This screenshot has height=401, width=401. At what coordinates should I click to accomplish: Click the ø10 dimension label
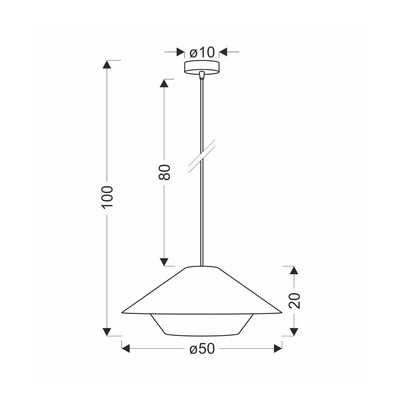[x=202, y=53]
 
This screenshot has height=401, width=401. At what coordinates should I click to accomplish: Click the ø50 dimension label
[x=202, y=348]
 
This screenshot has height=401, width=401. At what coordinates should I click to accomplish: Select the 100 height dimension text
[x=107, y=198]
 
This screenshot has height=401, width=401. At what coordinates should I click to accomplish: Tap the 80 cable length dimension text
[x=164, y=172]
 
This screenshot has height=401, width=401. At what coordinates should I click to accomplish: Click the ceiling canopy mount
[x=202, y=67]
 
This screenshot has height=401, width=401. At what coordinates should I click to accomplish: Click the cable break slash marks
[x=202, y=156]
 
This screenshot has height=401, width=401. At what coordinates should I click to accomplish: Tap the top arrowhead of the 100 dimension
[x=107, y=65]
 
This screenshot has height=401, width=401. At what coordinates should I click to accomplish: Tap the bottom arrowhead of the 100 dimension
[x=107, y=332]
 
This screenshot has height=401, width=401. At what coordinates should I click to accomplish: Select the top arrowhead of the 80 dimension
[x=164, y=83]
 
